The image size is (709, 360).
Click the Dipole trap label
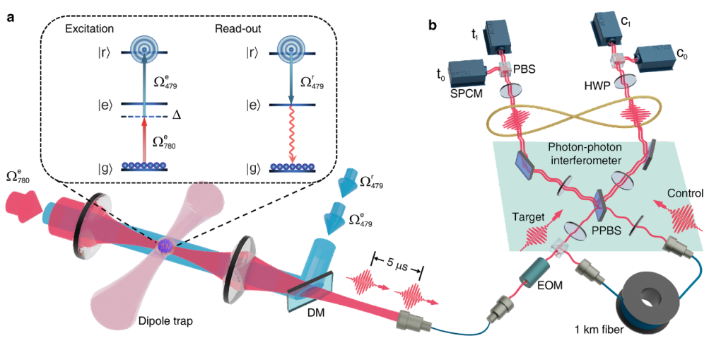(x=170, y=320)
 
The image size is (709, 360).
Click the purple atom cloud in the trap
(x=165, y=245)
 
